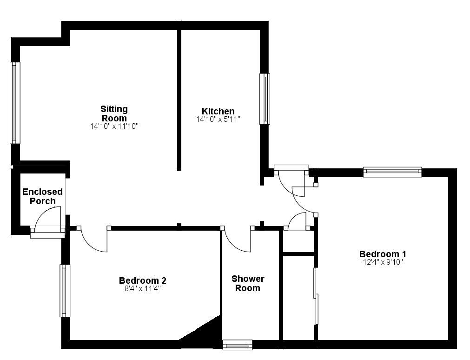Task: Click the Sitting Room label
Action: (x=114, y=113)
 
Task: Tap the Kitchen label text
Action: (x=218, y=111)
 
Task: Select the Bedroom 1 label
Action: (x=383, y=254)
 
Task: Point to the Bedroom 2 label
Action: (x=142, y=280)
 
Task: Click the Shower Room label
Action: (x=248, y=283)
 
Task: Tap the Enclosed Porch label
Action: (x=42, y=196)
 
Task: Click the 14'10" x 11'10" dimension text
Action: (x=114, y=126)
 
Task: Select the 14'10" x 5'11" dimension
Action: (x=218, y=120)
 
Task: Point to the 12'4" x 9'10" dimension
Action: (x=383, y=262)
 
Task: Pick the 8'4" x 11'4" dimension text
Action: (x=142, y=288)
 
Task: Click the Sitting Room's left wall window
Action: (x=15, y=103)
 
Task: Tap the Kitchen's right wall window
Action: (x=265, y=99)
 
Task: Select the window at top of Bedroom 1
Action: (x=392, y=172)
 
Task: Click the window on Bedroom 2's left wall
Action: (x=64, y=291)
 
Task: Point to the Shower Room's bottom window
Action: (x=237, y=345)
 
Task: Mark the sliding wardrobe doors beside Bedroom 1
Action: (x=316, y=296)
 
